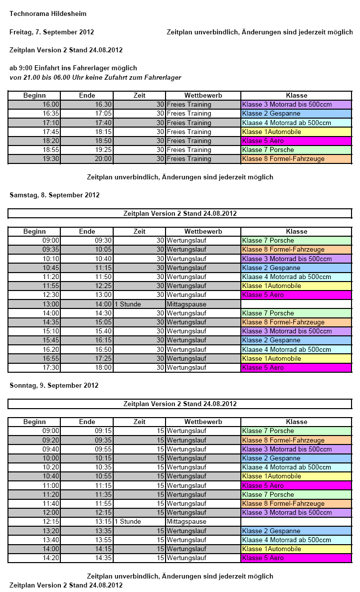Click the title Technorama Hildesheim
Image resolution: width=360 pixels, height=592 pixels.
coord(40,14)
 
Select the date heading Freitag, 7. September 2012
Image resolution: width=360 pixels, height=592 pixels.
coord(51,32)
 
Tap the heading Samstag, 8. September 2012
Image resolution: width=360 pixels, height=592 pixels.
coord(54,195)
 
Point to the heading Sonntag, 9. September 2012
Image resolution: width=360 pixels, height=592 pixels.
coord(54,385)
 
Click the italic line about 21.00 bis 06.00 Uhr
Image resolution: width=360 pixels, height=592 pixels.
coord(95,77)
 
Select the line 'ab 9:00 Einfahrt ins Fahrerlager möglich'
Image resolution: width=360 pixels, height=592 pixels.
coord(73,68)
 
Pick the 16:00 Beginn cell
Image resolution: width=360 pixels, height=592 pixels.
coord(34,105)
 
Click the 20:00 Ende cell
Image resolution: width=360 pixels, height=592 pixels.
coord(87,159)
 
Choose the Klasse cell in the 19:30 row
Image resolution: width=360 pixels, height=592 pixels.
coord(296,159)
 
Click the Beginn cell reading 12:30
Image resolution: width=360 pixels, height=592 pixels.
coord(34,295)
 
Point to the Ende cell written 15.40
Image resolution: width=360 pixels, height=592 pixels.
coord(87,331)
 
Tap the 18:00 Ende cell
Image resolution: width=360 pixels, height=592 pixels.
coord(87,368)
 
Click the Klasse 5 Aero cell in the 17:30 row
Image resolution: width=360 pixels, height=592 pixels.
coord(296,368)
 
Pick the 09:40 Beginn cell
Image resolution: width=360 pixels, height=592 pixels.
coord(34,449)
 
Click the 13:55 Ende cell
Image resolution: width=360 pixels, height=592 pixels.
coord(87,540)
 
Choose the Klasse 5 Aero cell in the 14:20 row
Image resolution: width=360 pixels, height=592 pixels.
coord(296,558)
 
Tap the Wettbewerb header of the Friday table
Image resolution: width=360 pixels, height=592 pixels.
coord(203,95)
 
